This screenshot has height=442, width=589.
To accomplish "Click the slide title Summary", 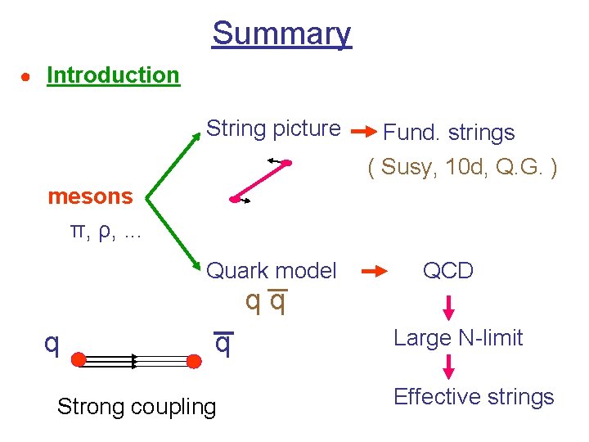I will [x=281, y=34].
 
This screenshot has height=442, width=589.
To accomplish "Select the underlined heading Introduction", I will [x=113, y=75].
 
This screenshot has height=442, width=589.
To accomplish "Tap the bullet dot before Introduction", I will [x=26, y=77].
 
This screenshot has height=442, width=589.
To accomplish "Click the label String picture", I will [x=273, y=129].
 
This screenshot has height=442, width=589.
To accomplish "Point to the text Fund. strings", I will [x=449, y=133].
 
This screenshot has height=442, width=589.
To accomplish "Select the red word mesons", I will [x=90, y=196].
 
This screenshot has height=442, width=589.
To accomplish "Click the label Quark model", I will [x=272, y=271].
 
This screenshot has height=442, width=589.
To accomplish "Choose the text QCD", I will [x=447, y=271].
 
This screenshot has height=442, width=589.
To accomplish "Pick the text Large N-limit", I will [x=458, y=337].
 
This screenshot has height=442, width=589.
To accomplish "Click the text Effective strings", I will [x=474, y=397].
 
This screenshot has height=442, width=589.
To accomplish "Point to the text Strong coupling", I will [x=137, y=407].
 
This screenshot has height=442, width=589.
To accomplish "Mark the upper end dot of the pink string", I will [x=287, y=164].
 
